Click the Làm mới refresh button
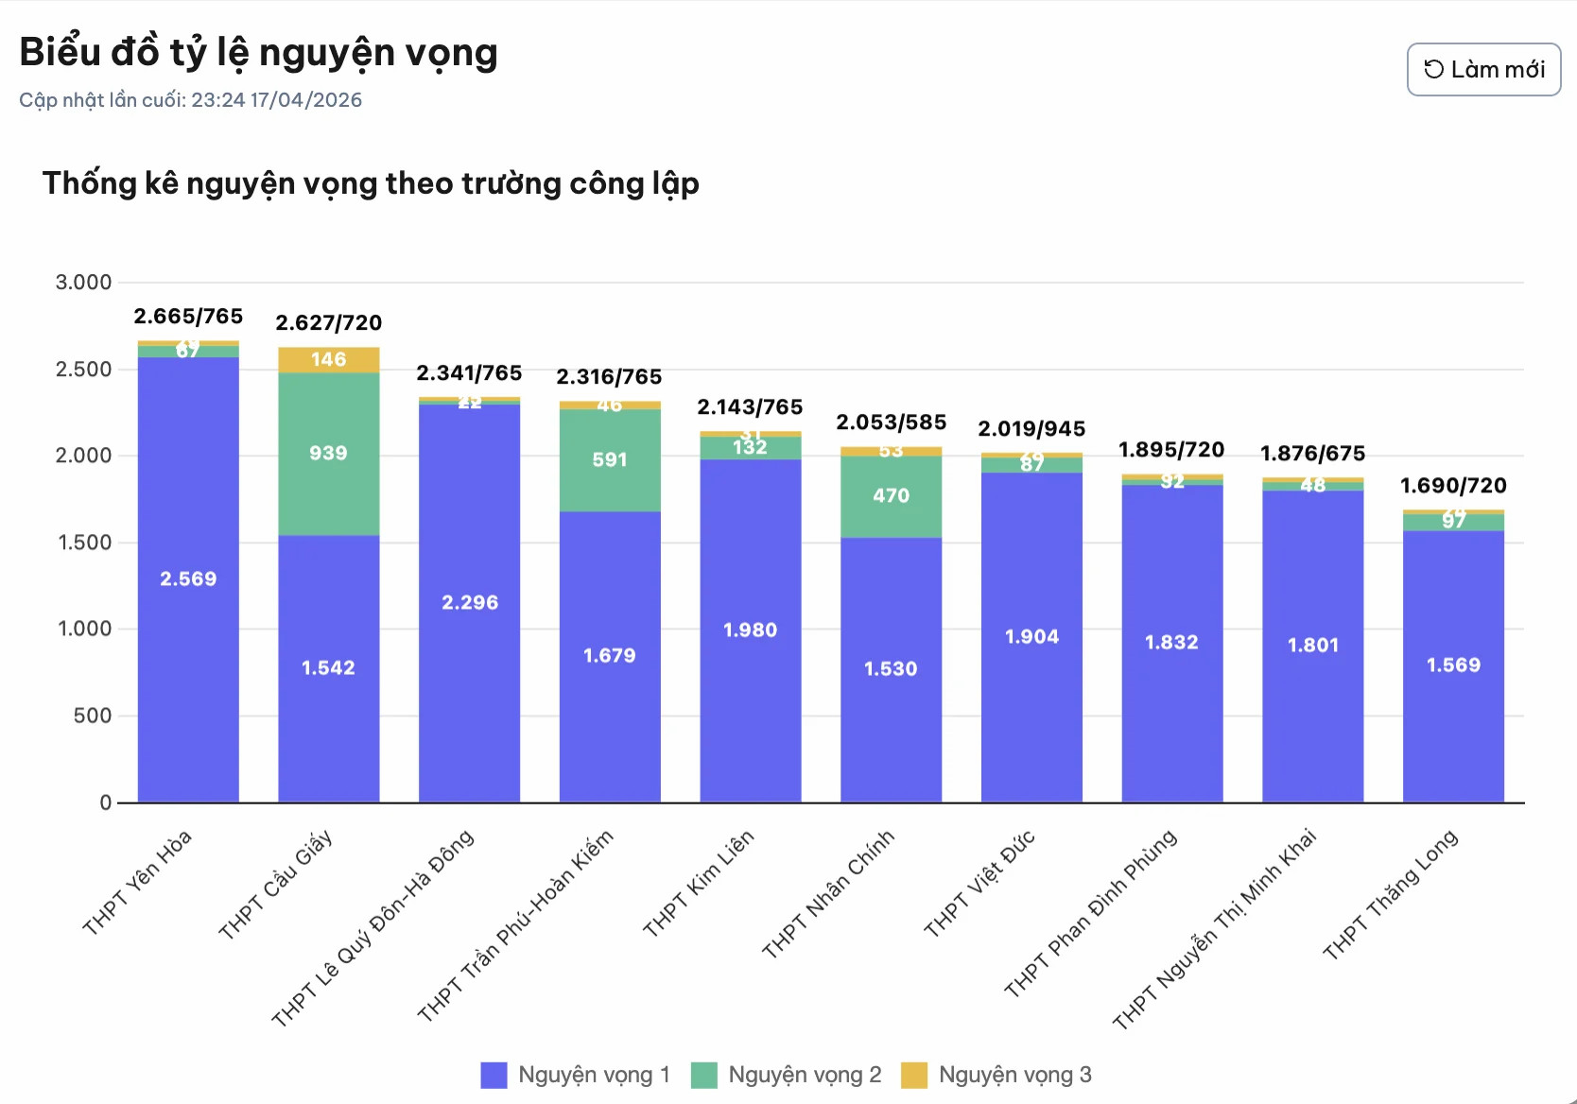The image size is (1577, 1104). (x=1483, y=69)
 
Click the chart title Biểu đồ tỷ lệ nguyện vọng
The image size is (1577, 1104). (x=258, y=52)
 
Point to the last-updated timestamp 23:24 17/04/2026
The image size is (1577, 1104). (x=276, y=100)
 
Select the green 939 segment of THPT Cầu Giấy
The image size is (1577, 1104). (x=328, y=454)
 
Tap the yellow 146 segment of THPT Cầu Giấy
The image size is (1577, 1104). (x=328, y=360)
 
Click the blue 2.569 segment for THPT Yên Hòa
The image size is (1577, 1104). (x=188, y=578)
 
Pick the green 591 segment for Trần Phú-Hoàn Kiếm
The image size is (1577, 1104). (x=610, y=460)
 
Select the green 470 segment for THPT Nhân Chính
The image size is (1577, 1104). (x=891, y=496)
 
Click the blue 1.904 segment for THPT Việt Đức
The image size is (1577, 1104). (x=1031, y=637)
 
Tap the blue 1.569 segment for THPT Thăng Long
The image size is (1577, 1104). (x=1453, y=665)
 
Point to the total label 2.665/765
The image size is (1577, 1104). (x=188, y=316)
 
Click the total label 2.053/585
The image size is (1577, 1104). (x=891, y=422)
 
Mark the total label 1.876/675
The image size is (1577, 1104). (x=1312, y=454)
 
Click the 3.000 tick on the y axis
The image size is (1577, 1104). (x=83, y=283)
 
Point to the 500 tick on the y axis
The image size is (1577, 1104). (x=92, y=716)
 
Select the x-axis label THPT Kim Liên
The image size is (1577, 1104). (x=699, y=883)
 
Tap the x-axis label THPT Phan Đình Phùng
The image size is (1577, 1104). (x=1090, y=913)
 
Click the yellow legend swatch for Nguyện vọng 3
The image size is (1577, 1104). (x=914, y=1075)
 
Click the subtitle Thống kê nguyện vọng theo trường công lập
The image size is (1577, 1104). (x=371, y=183)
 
